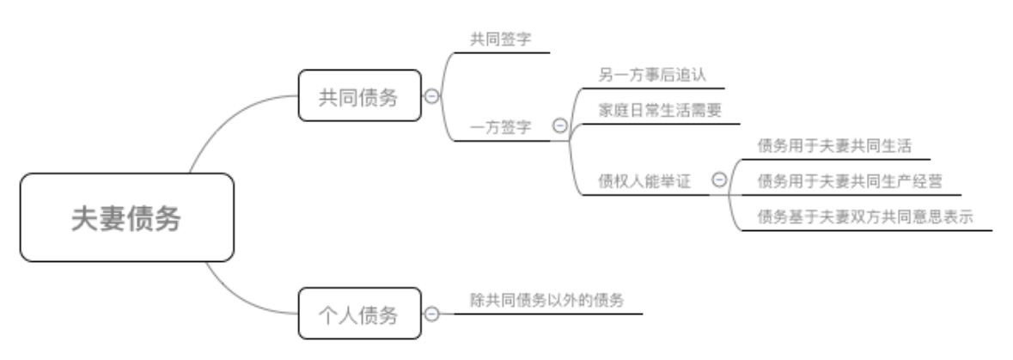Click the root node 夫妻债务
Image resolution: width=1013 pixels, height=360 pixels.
[126, 217]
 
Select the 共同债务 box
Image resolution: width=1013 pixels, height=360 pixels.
[359, 96]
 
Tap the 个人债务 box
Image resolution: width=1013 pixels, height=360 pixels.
[359, 314]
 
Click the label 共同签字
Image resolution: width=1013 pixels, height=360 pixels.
[500, 40]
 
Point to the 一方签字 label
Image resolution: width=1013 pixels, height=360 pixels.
[500, 127]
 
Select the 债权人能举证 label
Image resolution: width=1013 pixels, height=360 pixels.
[644, 180]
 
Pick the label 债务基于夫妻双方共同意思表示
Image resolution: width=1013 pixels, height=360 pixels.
[864, 217]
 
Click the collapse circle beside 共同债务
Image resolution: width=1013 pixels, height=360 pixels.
[431, 96]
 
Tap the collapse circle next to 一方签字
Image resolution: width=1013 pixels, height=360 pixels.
[559, 126]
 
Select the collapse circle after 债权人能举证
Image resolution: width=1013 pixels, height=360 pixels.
[719, 180]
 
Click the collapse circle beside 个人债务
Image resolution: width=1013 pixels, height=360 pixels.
[431, 314]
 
